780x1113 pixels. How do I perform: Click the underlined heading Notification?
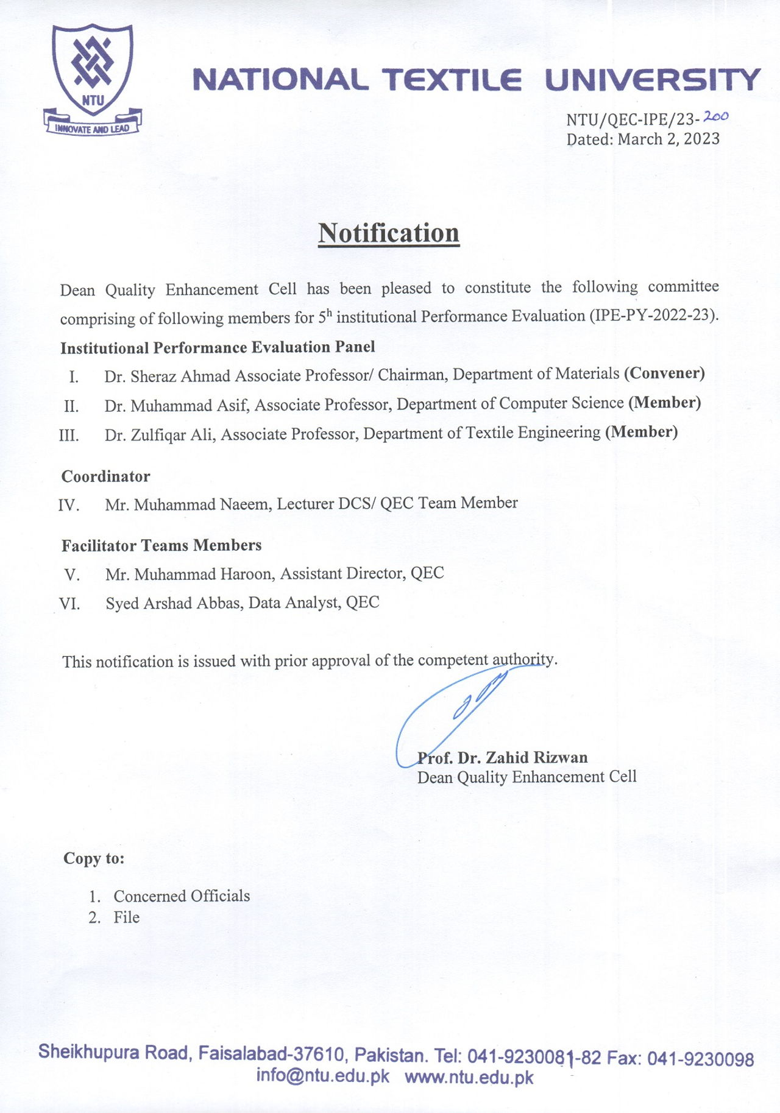pos(388,233)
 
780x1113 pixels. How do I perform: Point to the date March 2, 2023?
pos(668,140)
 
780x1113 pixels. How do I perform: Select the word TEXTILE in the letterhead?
pos(452,80)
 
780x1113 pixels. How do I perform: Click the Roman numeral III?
pos(69,436)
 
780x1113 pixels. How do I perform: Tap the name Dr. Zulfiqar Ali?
pos(160,435)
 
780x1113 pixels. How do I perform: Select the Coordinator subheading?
pos(105,476)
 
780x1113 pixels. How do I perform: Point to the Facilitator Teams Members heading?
pos(161,545)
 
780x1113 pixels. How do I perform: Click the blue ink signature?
pos(463,707)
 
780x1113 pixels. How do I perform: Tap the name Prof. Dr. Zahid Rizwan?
pos(503,758)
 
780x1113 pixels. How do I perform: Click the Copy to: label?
pos(94,858)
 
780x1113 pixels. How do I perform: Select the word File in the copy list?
pos(127,917)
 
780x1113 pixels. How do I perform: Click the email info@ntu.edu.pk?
pos(322,1075)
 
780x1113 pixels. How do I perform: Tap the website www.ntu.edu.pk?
pos(469,1077)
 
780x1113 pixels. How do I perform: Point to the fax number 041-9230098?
pos(700,1059)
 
